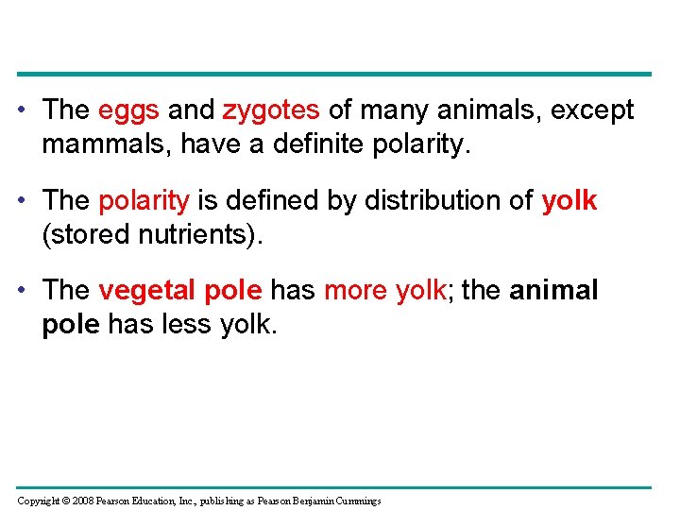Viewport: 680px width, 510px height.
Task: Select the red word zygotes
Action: tap(271, 110)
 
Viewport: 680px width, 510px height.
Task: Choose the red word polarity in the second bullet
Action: tap(144, 201)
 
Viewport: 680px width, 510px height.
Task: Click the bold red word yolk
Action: tap(569, 201)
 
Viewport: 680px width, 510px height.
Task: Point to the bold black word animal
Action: tap(553, 291)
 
